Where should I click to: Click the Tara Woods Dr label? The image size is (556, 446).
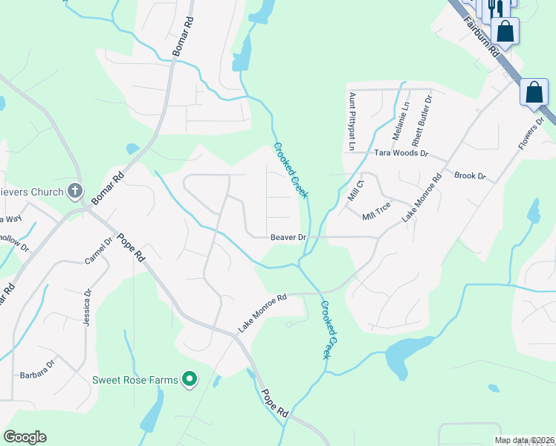[x=402, y=153]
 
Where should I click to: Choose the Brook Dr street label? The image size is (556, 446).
[x=469, y=176]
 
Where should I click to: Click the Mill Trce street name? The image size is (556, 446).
[x=376, y=211]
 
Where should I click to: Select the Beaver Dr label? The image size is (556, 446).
[x=288, y=237]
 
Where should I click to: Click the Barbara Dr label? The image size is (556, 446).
[x=38, y=364]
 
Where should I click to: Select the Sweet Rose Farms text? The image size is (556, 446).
[x=135, y=380]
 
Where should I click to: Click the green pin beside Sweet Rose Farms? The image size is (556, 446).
[x=190, y=380]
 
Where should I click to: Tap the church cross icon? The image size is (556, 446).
[x=74, y=192]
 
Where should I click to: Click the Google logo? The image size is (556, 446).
[x=25, y=437]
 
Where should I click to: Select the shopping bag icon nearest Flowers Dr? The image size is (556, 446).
[x=534, y=93]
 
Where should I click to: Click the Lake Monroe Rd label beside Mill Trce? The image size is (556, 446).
[x=421, y=197]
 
